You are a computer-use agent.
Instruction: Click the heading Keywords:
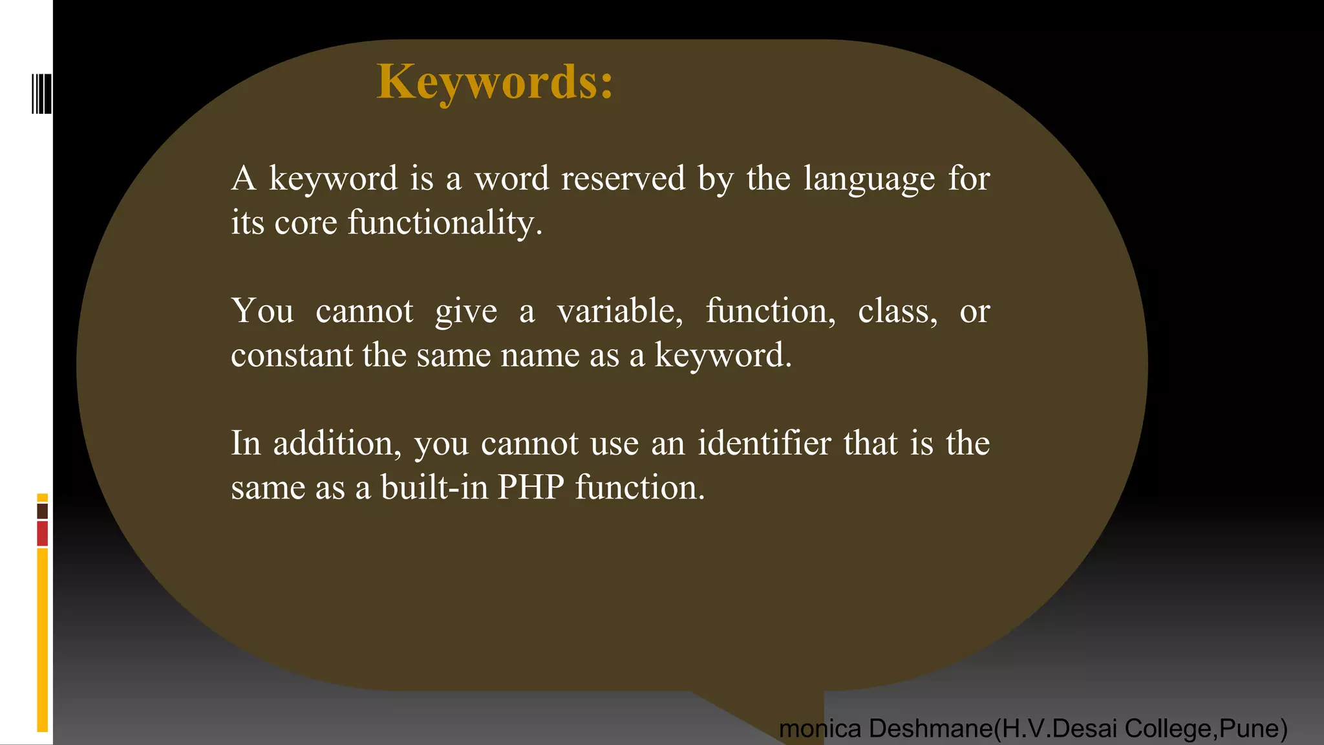[x=495, y=82]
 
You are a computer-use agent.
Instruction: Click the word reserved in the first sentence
[x=623, y=178]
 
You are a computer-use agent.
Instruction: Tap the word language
[x=869, y=179]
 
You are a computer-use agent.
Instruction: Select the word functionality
[x=445, y=222]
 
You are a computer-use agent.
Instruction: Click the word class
[x=897, y=311]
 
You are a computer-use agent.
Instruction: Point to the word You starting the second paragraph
[x=262, y=311]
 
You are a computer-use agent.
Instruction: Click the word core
[x=306, y=223]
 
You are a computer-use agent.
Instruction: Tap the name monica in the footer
[x=820, y=729]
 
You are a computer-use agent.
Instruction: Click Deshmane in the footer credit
[x=931, y=729]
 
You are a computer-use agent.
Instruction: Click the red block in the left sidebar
[x=43, y=534]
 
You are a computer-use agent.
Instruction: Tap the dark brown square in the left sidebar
[x=43, y=511]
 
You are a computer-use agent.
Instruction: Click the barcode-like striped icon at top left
[x=41, y=94]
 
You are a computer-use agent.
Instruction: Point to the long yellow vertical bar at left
[x=43, y=640]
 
